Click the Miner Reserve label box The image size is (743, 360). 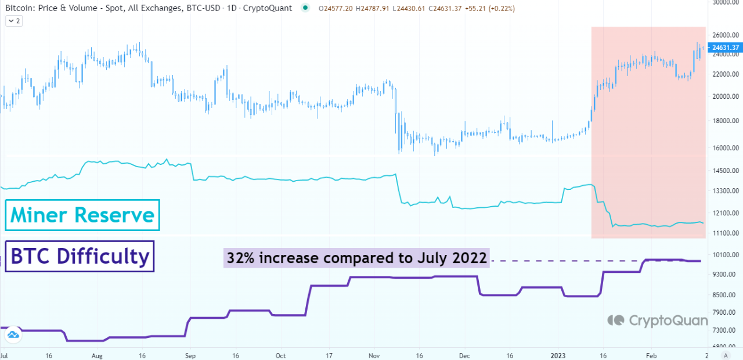(82, 215)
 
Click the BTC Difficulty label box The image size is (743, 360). (80, 256)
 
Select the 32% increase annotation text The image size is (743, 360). (356, 258)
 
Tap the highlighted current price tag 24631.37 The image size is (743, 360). (725, 47)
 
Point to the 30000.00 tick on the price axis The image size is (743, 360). (725, 2)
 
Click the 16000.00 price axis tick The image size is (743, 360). (725, 148)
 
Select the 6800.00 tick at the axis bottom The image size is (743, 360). (725, 347)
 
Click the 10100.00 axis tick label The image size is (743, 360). (725, 254)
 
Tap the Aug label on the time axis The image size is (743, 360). (97, 355)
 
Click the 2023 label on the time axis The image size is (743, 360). (558, 355)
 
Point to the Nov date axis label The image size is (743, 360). (374, 355)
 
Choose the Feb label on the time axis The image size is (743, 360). (652, 355)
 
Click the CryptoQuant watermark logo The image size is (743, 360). (658, 320)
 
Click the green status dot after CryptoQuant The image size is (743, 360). (305, 8)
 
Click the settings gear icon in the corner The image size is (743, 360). (726, 355)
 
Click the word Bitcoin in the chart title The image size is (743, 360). (18, 9)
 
